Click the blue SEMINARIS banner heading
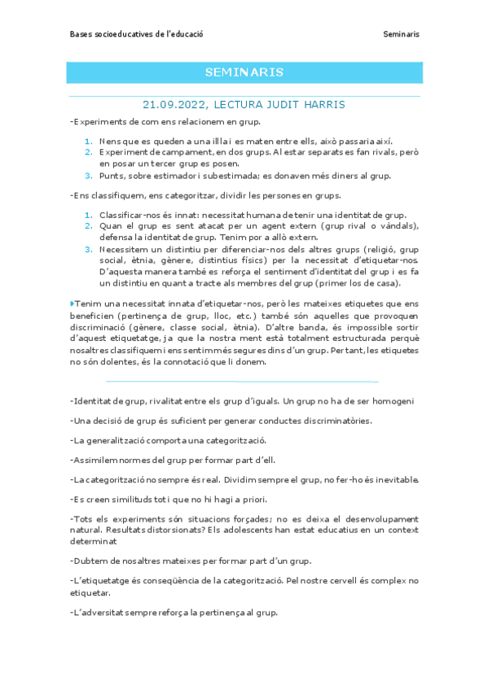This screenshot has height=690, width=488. pyautogui.click(x=244, y=72)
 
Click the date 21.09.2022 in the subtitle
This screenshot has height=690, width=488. pyautogui.click(x=174, y=105)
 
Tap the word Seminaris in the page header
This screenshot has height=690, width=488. pyautogui.click(x=401, y=34)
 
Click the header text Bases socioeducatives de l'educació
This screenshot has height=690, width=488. pyautogui.click(x=136, y=34)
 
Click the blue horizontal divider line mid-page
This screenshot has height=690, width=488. pyautogui.click(x=242, y=381)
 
